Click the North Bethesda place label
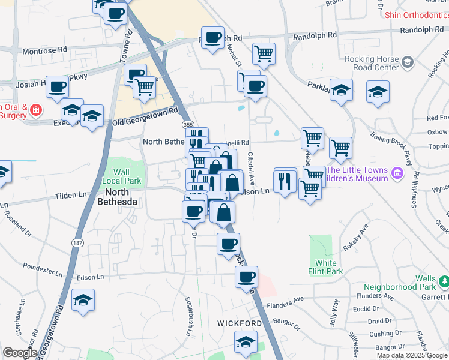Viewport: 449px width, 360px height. [118, 197]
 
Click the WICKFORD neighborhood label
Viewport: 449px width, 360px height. [240, 323]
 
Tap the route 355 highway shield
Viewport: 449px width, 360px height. [188, 124]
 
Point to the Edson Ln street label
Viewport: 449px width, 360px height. [91, 277]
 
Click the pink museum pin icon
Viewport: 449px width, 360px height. [396, 174]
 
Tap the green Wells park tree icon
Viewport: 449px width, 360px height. [444, 281]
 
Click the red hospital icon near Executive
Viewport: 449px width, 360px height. [36, 110]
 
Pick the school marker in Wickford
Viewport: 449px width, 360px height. [245, 343]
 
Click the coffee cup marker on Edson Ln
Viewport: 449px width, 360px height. [246, 277]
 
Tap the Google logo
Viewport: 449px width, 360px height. [20, 353]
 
